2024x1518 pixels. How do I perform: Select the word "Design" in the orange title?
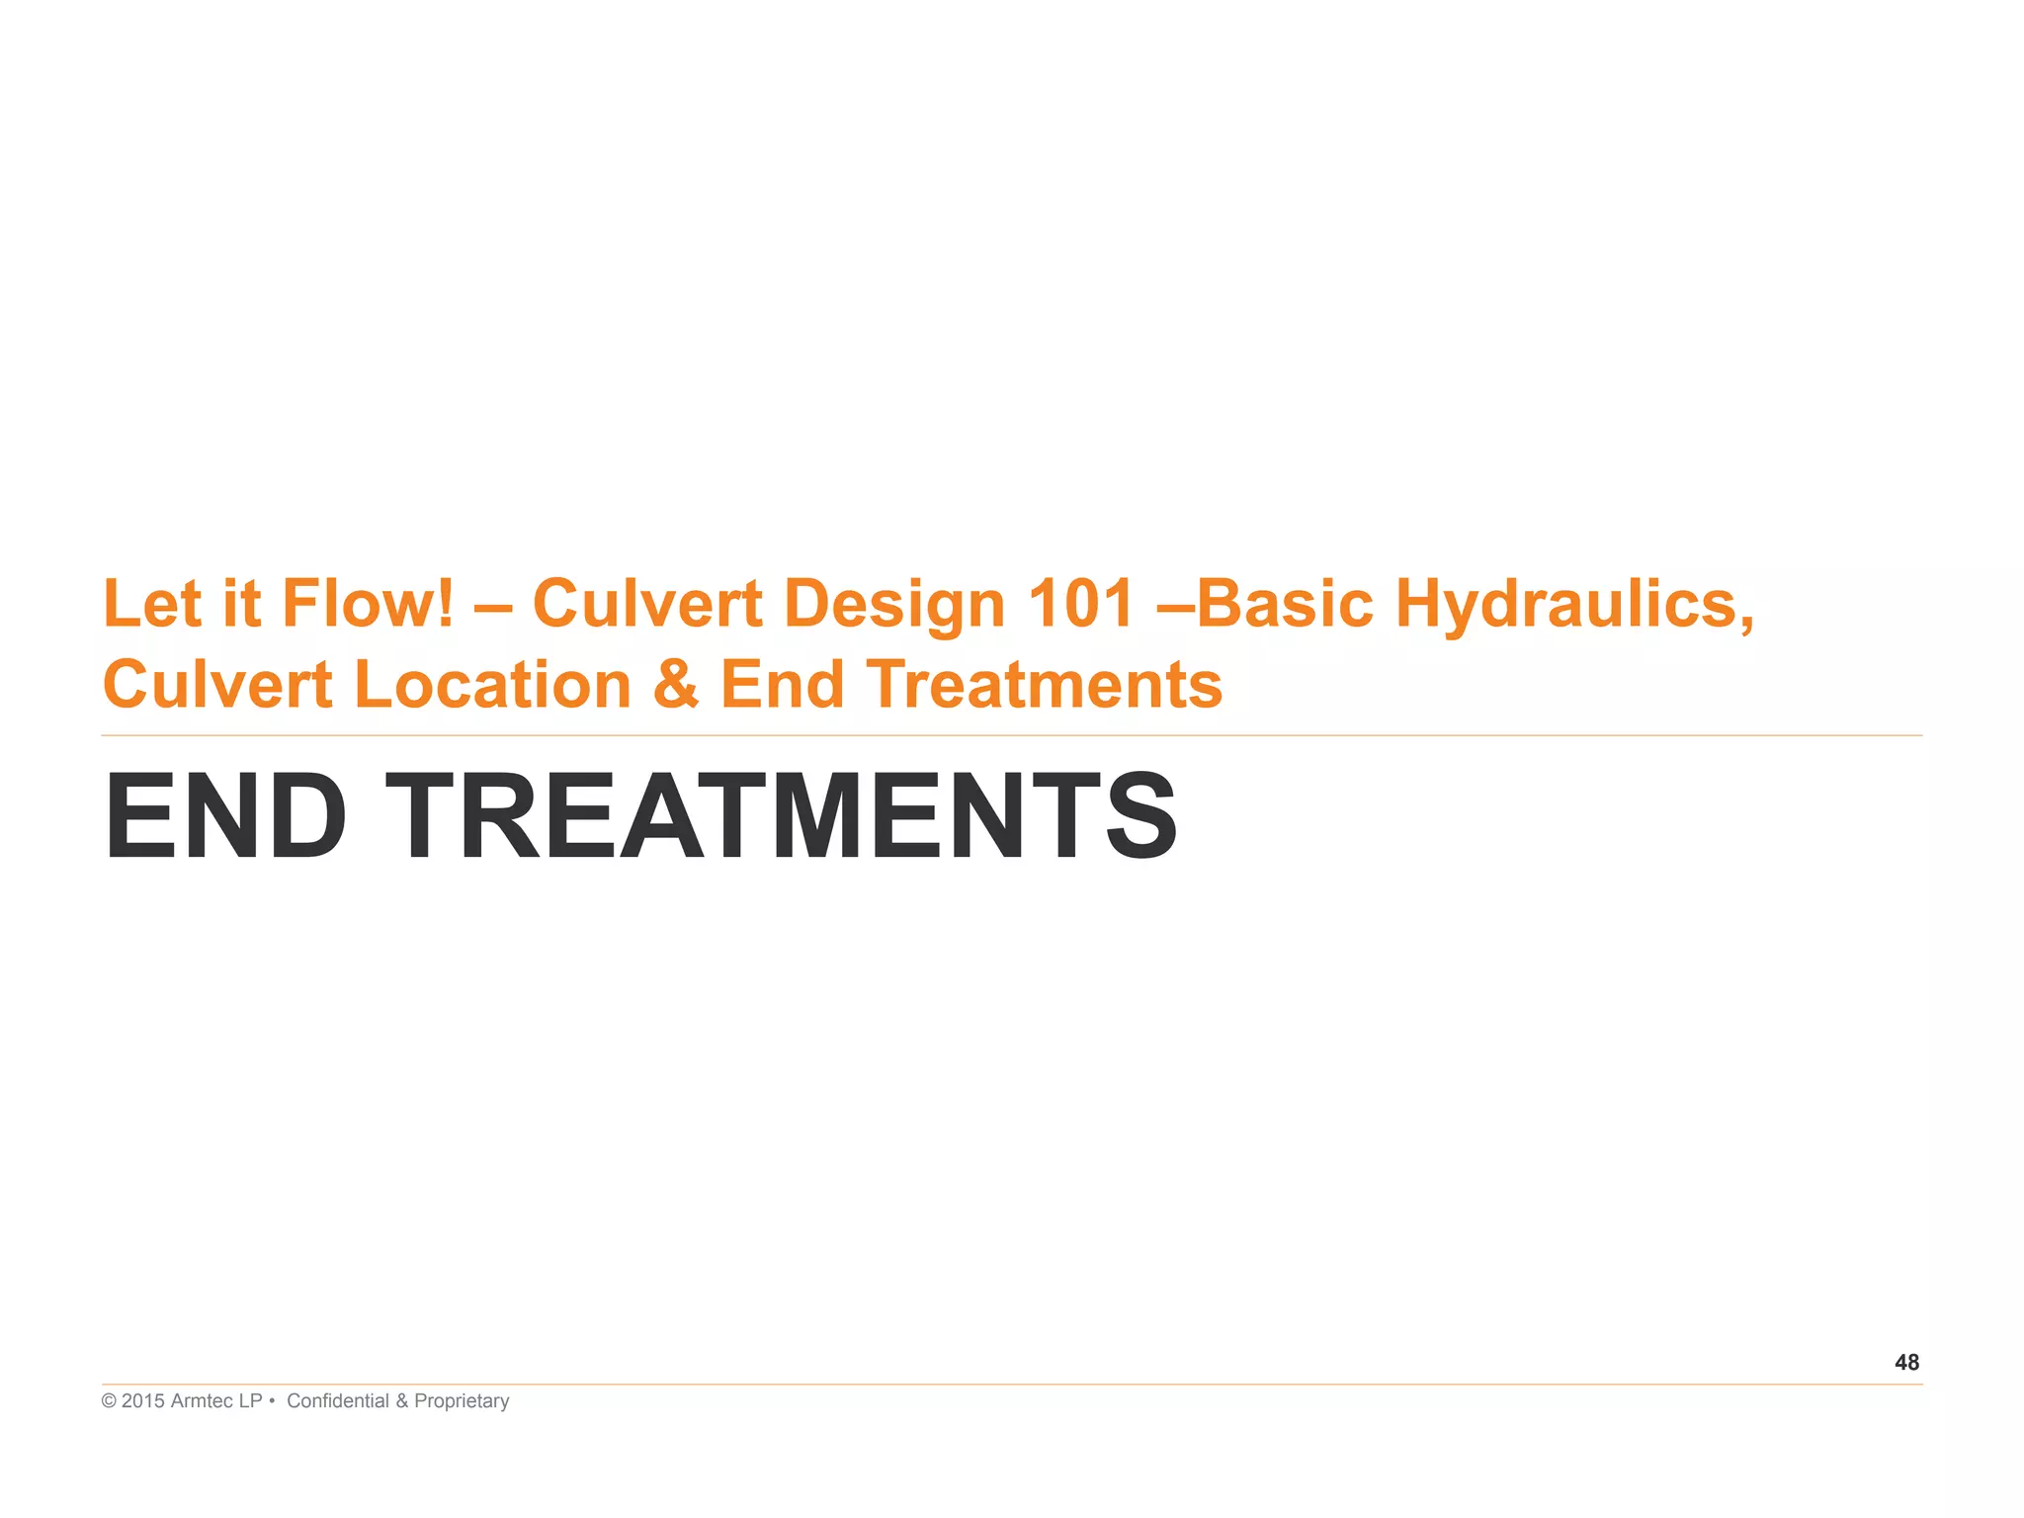(894, 605)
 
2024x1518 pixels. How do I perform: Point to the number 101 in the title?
(1080, 603)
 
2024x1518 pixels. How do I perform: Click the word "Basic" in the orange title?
(1285, 603)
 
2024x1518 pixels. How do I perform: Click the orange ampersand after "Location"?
(676, 684)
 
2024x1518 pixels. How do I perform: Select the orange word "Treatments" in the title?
(1045, 684)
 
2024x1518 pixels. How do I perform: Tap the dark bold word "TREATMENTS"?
(781, 817)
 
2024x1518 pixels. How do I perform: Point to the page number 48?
(1906, 1363)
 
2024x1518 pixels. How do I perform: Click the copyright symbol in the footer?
(109, 1401)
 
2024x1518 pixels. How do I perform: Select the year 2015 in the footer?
(143, 1401)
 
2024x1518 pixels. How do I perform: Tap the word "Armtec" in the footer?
(203, 1401)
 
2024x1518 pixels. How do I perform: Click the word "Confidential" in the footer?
(337, 1401)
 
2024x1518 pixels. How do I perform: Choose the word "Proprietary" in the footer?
(462, 1401)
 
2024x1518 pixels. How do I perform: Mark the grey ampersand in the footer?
(401, 1401)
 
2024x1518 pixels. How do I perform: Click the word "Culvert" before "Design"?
(647, 603)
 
